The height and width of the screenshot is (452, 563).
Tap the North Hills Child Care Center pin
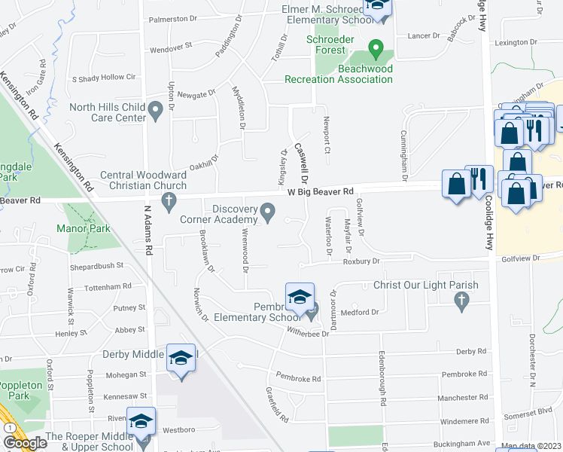[156, 111]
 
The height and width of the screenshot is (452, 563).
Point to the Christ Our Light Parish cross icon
[461, 301]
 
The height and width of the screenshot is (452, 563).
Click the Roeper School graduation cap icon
[141, 421]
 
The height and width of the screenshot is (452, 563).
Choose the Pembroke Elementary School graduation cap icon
[299, 296]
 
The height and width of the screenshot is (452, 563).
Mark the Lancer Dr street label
[422, 35]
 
